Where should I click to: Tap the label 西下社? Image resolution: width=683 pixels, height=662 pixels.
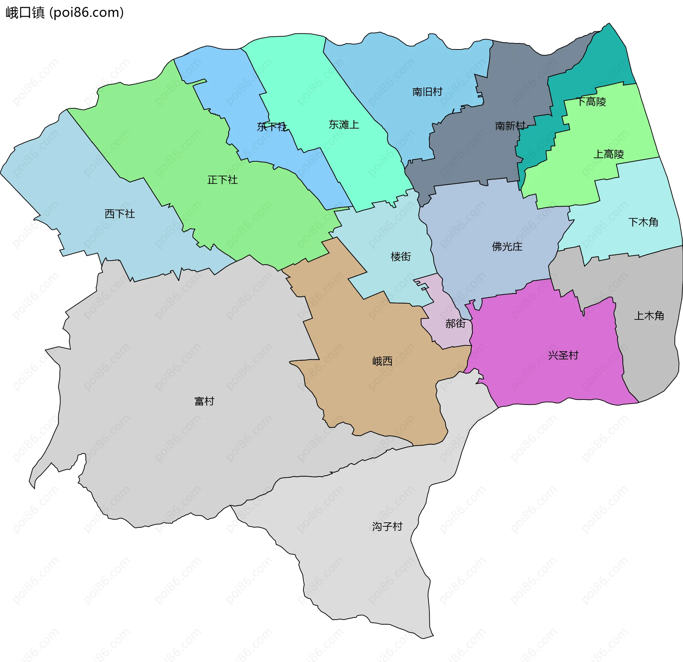tap(120, 214)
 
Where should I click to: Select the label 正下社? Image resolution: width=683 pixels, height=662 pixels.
tap(222, 180)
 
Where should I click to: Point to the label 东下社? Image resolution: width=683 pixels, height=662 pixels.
tap(272, 127)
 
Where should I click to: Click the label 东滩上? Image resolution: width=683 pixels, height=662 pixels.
tap(344, 125)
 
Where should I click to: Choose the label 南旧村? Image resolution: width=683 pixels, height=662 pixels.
tap(427, 92)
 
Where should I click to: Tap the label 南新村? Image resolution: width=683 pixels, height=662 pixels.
tap(510, 126)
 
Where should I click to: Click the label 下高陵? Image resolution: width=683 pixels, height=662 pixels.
tap(591, 102)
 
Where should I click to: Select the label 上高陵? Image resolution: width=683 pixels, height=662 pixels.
tap(609, 154)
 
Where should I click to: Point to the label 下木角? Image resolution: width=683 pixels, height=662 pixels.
tap(643, 222)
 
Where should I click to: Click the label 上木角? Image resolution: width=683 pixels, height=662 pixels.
tap(649, 316)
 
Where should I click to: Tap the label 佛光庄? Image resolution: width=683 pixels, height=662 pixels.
tap(507, 246)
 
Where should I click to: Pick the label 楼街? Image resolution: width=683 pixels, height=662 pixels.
tap(401, 256)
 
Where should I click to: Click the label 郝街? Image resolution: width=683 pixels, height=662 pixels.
tap(455, 323)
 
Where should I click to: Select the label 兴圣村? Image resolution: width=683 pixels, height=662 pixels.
tap(563, 355)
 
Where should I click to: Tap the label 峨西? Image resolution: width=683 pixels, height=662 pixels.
tap(382, 361)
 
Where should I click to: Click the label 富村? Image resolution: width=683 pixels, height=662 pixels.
tap(204, 401)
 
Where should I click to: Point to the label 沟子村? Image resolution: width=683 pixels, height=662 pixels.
tap(387, 526)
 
